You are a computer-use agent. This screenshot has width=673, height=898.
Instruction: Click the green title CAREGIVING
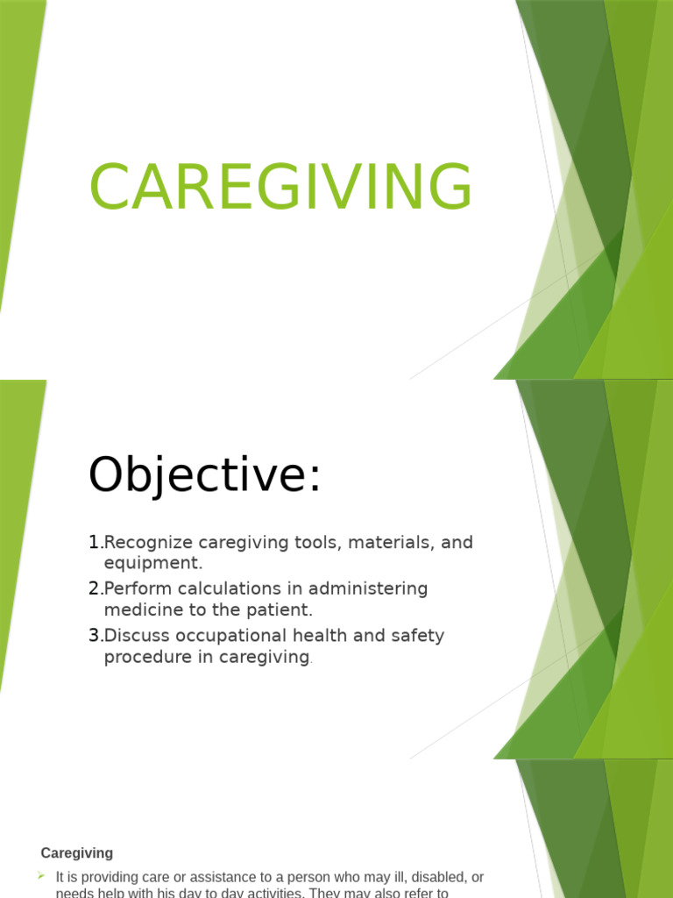280,186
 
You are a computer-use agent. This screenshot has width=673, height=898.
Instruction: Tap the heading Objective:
205,477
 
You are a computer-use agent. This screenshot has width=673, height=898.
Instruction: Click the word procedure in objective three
145,657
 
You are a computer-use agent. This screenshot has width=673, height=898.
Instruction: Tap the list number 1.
94,543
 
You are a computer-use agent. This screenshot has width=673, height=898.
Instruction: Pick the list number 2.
94,589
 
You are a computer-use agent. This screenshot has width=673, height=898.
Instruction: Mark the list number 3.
94,636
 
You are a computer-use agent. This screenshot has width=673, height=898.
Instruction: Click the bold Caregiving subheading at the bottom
77,853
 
